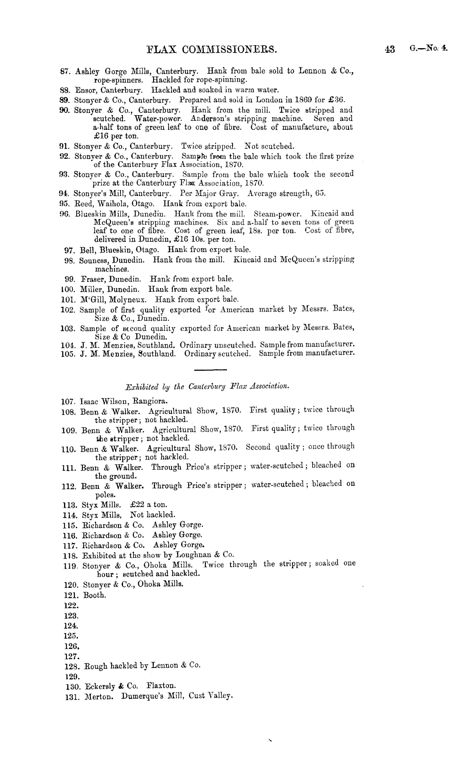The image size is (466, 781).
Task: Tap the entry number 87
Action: [66, 72]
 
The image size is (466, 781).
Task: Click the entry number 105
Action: [68, 353]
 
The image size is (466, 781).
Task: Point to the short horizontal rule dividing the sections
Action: [210, 370]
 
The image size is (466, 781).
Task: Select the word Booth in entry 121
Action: [95, 595]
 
